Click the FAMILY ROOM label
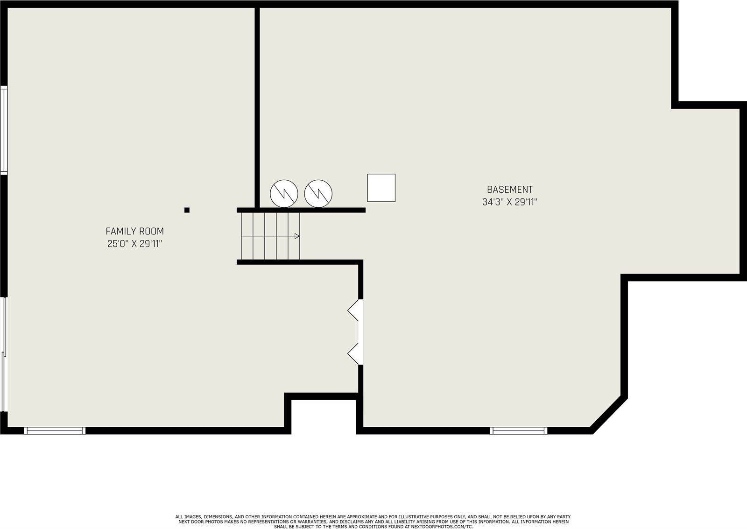(135, 231)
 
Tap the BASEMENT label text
(509, 190)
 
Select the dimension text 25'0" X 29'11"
(135, 243)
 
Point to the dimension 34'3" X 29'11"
(509, 202)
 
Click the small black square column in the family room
(187, 210)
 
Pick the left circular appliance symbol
(284, 193)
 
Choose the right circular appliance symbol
(318, 193)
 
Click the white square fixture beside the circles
(381, 187)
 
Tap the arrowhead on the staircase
(297, 236)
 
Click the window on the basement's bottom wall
(519, 430)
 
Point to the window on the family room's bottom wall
(55, 430)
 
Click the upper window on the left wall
(4, 130)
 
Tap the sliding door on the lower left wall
(4, 354)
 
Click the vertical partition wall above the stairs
(257, 107)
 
